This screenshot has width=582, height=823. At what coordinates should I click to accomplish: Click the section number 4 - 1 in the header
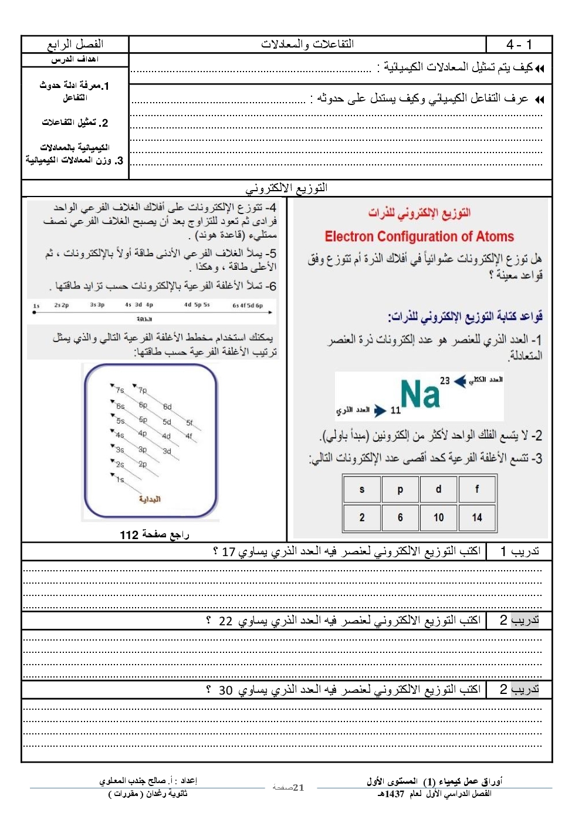click(x=519, y=45)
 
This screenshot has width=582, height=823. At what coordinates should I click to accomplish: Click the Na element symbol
click(x=419, y=394)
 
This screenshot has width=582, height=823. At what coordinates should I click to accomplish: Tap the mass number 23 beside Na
click(x=445, y=381)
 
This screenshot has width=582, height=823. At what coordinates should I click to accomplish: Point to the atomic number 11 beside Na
click(x=395, y=410)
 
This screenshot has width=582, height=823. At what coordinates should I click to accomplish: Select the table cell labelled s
click(x=361, y=489)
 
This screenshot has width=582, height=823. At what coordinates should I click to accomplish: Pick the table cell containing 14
click(x=476, y=517)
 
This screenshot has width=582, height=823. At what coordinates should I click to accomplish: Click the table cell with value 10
click(x=438, y=517)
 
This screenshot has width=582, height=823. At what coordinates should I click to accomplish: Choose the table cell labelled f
click(x=476, y=489)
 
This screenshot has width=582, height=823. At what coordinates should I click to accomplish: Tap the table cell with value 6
click(x=400, y=517)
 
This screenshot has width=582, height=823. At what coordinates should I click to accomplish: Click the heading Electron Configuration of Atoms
click(x=419, y=236)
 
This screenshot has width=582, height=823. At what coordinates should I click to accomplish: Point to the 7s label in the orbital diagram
click(x=120, y=390)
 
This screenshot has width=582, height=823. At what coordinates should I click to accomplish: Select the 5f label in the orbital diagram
click(x=190, y=422)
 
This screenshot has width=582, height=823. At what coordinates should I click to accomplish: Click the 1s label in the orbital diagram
click(x=120, y=480)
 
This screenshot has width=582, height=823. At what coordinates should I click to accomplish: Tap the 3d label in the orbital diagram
click(x=167, y=451)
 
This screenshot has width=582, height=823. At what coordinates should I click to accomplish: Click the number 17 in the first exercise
click(x=228, y=552)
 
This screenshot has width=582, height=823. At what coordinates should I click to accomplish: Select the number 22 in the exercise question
click(x=225, y=621)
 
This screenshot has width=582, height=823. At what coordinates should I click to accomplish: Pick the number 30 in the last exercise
click(x=225, y=690)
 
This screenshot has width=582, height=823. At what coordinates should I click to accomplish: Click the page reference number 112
click(x=129, y=535)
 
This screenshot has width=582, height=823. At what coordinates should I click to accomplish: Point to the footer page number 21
click(x=298, y=788)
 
